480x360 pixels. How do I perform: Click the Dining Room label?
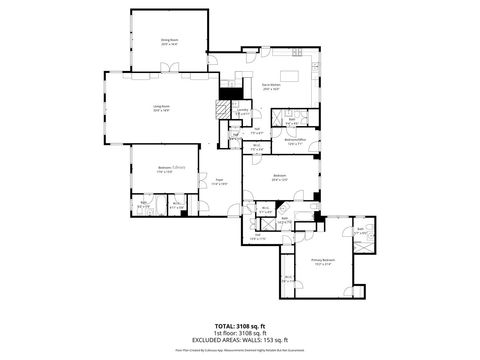[x=169, y=40]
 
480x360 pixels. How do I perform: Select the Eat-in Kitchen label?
[x=270, y=87]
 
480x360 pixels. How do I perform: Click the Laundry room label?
[x=243, y=113]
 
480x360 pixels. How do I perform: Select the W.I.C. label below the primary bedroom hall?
[x=289, y=279]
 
